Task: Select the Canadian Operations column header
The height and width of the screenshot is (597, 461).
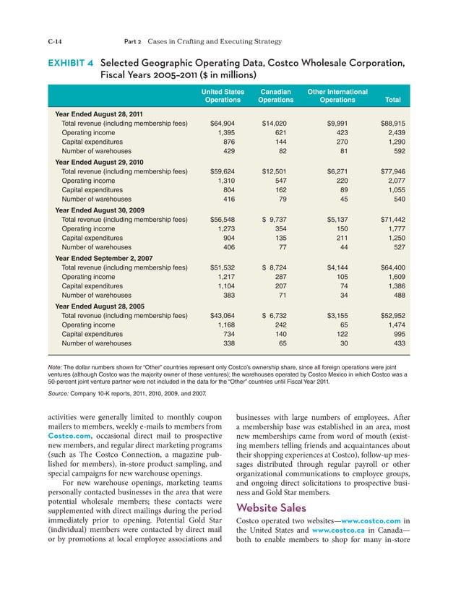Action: (275, 96)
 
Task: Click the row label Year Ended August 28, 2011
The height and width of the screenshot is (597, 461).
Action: (100, 115)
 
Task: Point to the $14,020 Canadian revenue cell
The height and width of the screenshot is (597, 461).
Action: (275, 124)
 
